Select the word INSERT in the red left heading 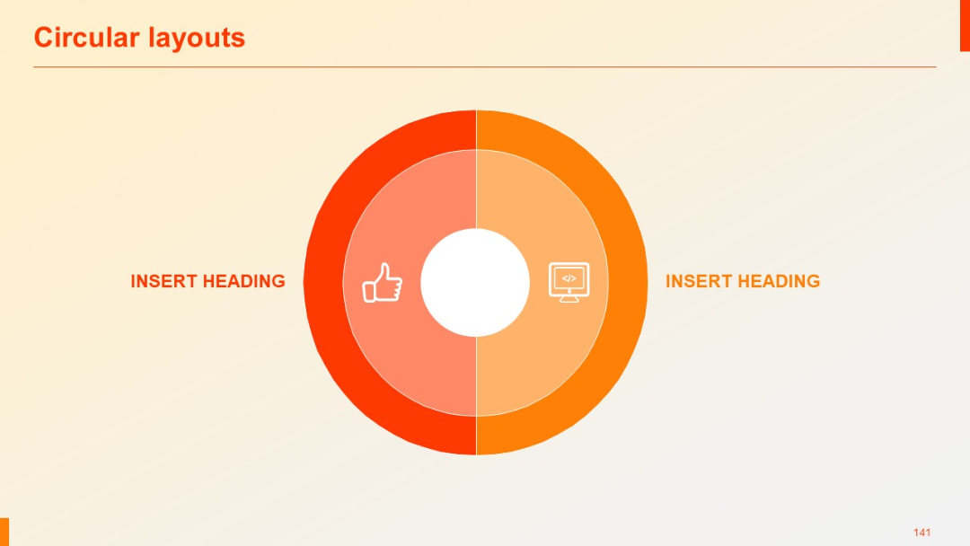point(161,281)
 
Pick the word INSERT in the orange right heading point(696,281)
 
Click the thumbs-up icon point(382,283)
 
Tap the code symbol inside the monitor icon point(569,278)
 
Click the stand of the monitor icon point(569,297)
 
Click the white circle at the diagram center point(475,282)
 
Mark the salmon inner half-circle point(413,359)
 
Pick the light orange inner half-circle point(539,359)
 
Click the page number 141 point(921,533)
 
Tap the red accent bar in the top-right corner point(965,25)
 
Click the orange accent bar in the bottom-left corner point(4,531)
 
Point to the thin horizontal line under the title point(485,67)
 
